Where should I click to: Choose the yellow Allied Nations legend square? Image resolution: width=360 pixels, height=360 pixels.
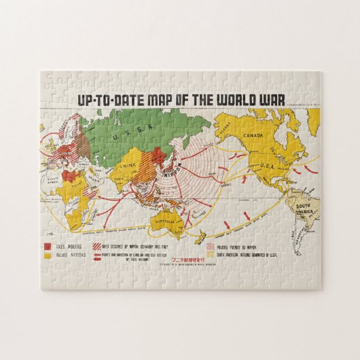(x=48, y=256)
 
